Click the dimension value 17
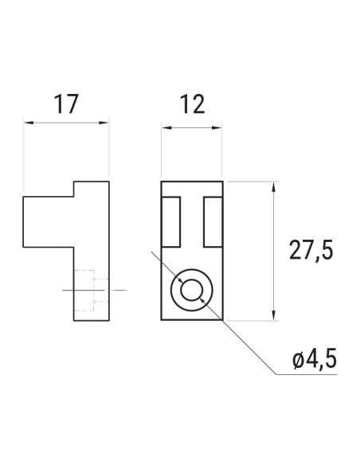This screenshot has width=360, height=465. click(65, 105)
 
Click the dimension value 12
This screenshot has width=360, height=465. click(192, 104)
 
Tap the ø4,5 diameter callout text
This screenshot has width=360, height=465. click(315, 359)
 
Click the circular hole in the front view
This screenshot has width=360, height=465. click(192, 290)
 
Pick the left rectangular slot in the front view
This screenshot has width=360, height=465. click(171, 222)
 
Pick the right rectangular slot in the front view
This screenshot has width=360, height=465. click(213, 222)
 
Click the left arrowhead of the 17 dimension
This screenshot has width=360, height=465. click(27, 123)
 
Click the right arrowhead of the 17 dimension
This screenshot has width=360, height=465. click(104, 123)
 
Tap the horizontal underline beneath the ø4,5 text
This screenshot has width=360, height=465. click(311, 374)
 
